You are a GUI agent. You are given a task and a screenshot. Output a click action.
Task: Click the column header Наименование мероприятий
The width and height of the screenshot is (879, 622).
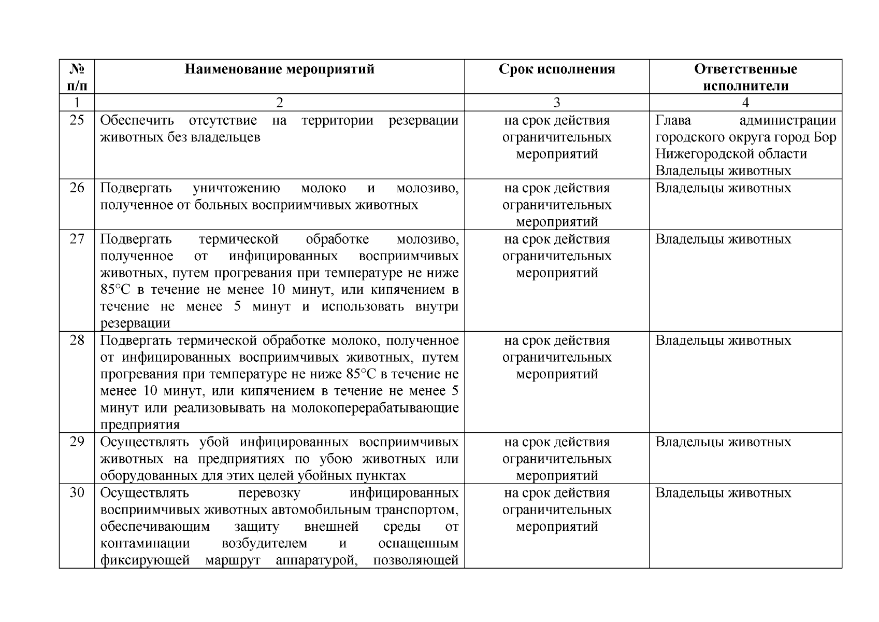279,69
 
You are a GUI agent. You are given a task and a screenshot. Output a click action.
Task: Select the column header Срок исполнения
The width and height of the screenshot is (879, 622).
557,69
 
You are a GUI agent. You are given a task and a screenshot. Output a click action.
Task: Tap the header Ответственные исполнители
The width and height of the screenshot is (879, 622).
745,77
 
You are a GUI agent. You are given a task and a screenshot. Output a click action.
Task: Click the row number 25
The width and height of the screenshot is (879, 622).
77,121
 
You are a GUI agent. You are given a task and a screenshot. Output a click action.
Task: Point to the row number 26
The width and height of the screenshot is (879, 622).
77,188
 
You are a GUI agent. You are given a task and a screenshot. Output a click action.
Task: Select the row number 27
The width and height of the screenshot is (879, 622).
77,239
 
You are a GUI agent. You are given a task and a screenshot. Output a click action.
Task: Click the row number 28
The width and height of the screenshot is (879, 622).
77,341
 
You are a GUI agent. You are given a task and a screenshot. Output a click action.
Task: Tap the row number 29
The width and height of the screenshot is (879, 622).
77,442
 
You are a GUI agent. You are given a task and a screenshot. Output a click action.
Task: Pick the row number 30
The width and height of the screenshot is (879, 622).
77,493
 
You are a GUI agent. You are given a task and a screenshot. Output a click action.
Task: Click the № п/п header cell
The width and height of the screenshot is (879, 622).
77,77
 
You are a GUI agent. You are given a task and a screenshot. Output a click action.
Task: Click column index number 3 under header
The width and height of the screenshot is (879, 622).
557,103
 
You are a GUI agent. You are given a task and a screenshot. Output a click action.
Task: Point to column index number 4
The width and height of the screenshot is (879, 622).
745,103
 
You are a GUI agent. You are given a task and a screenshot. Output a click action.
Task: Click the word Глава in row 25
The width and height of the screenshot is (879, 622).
673,121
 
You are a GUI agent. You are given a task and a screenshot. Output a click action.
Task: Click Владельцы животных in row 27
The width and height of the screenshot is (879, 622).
723,239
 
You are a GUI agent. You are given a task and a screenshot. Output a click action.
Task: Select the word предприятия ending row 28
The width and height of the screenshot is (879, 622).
140,425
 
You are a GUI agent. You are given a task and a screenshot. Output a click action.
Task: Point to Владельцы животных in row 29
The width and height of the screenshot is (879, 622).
723,442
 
